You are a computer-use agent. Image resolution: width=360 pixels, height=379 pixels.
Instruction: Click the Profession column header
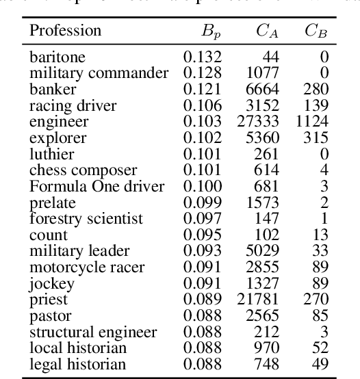point(66,31)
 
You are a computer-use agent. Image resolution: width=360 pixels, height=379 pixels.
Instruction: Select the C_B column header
point(314,31)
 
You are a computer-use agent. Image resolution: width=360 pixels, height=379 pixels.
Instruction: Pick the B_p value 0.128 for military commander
point(203,73)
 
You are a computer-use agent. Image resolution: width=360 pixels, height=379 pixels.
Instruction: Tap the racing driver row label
point(73,106)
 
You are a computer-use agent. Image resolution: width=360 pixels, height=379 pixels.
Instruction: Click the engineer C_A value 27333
point(259,122)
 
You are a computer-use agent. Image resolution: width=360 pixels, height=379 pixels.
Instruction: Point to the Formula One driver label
point(97,187)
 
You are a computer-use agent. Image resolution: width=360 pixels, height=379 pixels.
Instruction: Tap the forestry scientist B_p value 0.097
point(203,219)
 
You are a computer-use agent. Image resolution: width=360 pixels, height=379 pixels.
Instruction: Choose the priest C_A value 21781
point(259,300)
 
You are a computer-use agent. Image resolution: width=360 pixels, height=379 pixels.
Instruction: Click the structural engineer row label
point(93,333)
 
